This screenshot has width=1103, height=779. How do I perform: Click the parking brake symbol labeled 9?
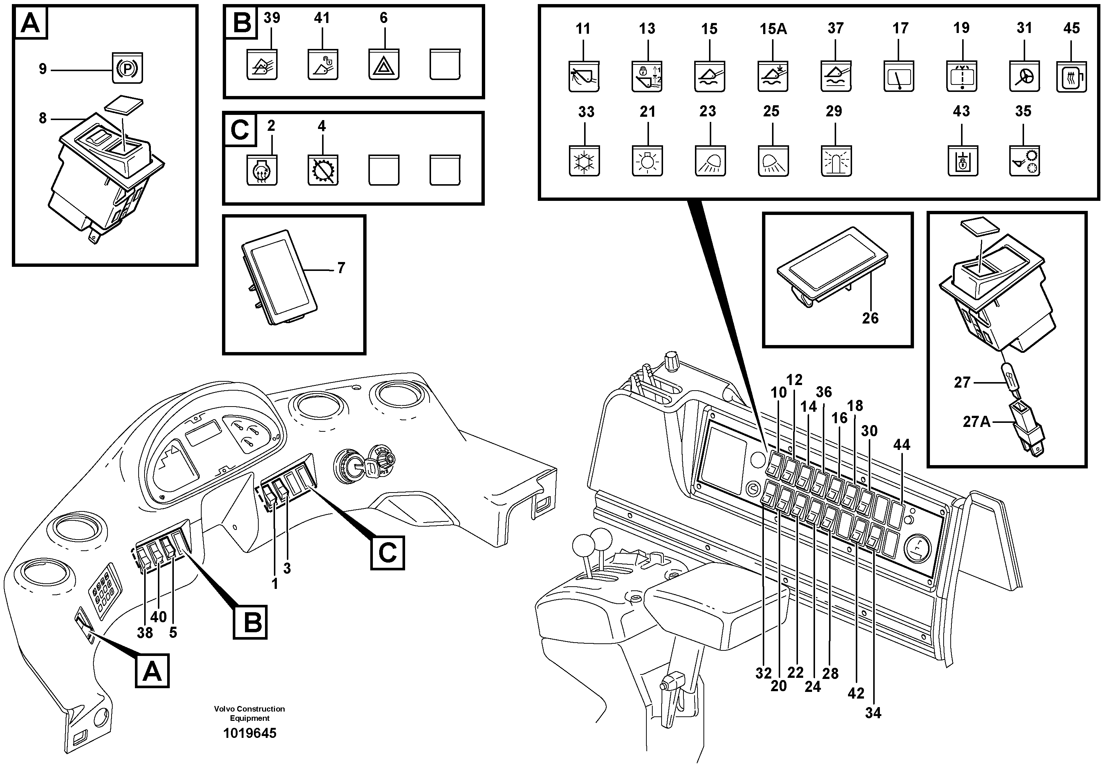[x=127, y=69]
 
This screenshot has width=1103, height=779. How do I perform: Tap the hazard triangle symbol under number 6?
[x=383, y=65]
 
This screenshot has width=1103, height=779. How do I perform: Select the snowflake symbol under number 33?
[x=584, y=161]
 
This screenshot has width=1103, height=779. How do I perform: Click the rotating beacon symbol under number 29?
[x=836, y=161]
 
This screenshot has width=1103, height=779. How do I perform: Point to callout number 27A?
[x=976, y=422]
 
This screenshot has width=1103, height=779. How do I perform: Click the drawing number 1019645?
[x=249, y=733]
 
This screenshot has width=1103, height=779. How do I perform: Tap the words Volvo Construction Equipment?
[x=249, y=713]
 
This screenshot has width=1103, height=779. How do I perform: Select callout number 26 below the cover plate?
[x=870, y=318]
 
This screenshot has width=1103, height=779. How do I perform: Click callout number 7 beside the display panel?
[x=341, y=268]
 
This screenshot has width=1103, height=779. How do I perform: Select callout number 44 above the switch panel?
[x=901, y=445]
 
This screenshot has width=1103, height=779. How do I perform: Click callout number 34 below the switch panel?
[x=873, y=713]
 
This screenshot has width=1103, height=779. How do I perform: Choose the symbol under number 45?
[x=1071, y=77]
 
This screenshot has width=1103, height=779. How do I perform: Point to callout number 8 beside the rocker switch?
[x=43, y=118]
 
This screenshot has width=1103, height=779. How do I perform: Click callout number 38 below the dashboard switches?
[x=145, y=633]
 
